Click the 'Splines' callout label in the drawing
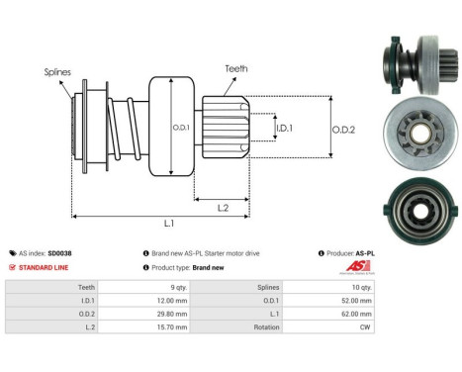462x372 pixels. click(x=56, y=72)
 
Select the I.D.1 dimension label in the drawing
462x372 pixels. click(x=283, y=128)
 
